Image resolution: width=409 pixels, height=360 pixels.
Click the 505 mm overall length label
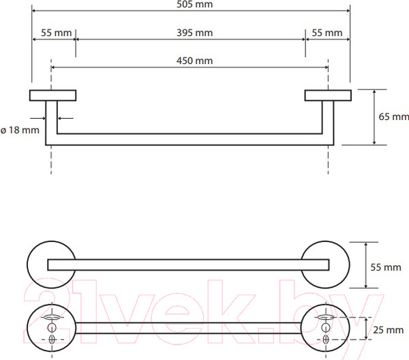[x=194, y=4]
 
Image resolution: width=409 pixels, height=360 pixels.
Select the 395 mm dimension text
[x=194, y=33]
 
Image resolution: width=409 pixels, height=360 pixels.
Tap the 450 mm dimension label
[x=194, y=61]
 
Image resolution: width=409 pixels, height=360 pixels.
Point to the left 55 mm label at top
[x=56, y=33]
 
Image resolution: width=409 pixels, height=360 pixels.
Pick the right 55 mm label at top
[x=327, y=33]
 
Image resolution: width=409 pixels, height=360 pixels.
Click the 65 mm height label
[x=393, y=117]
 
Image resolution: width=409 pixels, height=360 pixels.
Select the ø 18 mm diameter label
[x=20, y=130]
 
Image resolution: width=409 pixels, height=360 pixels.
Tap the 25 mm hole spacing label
[x=388, y=330]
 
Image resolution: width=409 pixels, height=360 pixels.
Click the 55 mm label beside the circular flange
[x=386, y=267]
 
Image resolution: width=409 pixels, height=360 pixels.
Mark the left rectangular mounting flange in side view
[x=52, y=95]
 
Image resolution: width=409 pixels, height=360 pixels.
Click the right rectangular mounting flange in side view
[x=328, y=95]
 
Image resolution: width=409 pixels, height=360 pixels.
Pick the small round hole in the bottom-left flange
[x=52, y=327]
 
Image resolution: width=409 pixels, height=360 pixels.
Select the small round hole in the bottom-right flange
[x=325, y=327]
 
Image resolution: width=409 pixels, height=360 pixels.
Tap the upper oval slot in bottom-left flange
[x=52, y=318]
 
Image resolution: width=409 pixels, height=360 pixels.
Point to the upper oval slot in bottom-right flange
[x=326, y=318]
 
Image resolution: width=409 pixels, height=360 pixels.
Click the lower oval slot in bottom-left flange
[x=52, y=340]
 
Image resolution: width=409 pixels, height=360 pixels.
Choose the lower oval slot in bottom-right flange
[x=326, y=340]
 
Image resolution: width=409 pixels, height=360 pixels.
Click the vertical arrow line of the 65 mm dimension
[x=374, y=117]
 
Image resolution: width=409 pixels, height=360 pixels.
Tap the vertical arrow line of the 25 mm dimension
[x=366, y=329]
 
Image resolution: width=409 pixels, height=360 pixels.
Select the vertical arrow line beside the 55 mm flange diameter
[x=366, y=265]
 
